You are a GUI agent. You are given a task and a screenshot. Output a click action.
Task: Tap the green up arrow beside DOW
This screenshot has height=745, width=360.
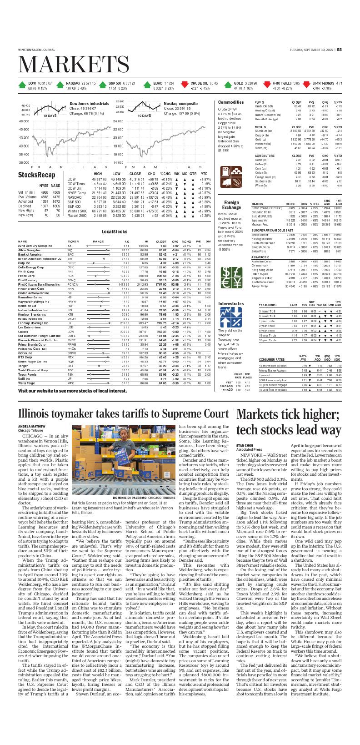22,85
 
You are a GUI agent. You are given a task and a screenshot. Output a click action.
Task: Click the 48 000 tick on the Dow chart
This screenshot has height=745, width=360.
24,121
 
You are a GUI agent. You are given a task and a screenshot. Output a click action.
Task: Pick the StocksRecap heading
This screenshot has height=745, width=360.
37,175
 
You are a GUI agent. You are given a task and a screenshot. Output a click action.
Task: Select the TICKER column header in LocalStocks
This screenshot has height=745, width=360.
73,241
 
